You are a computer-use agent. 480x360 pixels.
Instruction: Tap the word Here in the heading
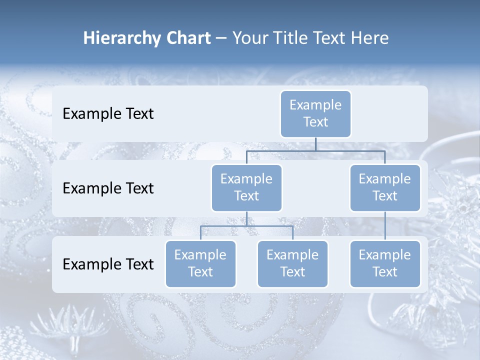(x=369, y=38)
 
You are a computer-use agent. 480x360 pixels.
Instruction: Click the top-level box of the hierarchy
(x=315, y=114)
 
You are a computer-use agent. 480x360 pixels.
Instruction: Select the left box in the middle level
(x=246, y=188)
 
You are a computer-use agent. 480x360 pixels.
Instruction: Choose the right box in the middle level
(x=385, y=188)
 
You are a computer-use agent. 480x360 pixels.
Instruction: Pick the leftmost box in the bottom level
(x=200, y=264)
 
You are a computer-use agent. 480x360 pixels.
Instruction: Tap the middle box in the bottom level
(x=292, y=264)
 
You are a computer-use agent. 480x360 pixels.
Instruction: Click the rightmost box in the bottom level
(x=385, y=264)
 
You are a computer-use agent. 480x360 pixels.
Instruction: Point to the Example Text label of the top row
(x=108, y=114)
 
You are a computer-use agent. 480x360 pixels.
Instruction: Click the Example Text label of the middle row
(x=108, y=188)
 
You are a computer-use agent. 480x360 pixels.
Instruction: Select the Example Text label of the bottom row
(x=108, y=264)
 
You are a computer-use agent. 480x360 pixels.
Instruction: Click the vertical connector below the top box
(x=315, y=144)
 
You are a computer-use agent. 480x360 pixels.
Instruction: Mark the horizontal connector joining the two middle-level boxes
(x=315, y=150)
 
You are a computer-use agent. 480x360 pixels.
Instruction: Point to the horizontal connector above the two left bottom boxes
(x=246, y=226)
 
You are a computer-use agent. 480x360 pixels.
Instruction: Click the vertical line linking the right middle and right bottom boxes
(x=385, y=226)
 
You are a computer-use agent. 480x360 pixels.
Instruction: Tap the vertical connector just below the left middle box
(x=246, y=218)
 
